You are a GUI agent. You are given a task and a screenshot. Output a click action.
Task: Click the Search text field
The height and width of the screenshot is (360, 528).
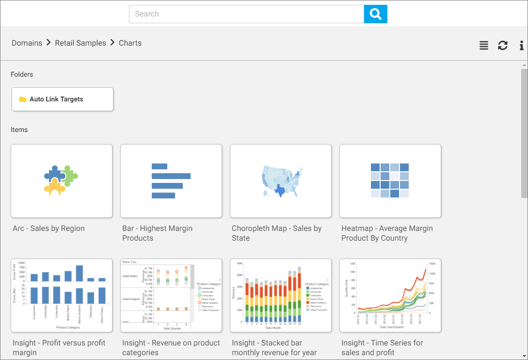pyautogui.click(x=246, y=14)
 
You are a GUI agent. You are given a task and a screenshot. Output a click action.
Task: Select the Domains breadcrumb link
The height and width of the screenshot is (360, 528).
pyautogui.click(x=27, y=43)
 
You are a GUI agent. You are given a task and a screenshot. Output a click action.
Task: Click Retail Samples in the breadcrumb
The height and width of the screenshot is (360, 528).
pyautogui.click(x=80, y=43)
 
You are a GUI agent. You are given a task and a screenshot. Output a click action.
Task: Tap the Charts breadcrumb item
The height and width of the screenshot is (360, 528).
pyautogui.click(x=130, y=43)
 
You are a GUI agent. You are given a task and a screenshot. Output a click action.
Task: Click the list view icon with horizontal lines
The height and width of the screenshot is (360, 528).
pyautogui.click(x=484, y=46)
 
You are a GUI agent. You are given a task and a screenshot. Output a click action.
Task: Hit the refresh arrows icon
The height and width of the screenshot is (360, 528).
pyautogui.click(x=503, y=46)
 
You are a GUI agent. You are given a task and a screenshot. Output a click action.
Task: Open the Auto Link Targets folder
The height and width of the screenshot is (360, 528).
pyautogui.click(x=63, y=99)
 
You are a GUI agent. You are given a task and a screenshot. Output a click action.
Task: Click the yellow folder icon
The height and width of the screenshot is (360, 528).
pyautogui.click(x=23, y=99)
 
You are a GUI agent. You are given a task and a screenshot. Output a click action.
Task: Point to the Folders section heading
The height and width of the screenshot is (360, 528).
pyautogui.click(x=22, y=74)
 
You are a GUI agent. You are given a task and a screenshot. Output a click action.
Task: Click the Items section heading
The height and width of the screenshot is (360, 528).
pyautogui.click(x=19, y=130)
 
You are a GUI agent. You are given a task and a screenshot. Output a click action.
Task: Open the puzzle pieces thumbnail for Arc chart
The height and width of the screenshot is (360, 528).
pyautogui.click(x=62, y=180)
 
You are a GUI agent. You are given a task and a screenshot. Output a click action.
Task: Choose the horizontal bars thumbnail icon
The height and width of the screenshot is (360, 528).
pyautogui.click(x=171, y=180)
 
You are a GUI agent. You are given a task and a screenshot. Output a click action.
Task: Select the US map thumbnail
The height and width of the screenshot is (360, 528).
pyautogui.click(x=281, y=180)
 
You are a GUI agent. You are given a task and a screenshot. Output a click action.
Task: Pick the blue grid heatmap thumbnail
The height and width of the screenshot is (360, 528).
pyautogui.click(x=390, y=180)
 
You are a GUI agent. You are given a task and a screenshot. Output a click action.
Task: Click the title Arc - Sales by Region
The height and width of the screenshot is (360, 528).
pyautogui.click(x=49, y=229)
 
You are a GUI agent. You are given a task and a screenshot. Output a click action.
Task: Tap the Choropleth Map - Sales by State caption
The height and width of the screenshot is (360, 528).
pyautogui.click(x=276, y=233)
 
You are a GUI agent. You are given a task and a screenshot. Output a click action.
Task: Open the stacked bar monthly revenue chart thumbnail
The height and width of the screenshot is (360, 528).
pyautogui.click(x=281, y=295)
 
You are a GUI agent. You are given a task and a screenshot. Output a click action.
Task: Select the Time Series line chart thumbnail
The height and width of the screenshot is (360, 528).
pyautogui.click(x=390, y=295)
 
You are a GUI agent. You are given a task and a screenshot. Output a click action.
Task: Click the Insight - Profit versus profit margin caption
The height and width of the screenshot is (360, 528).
pyautogui.click(x=59, y=348)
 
